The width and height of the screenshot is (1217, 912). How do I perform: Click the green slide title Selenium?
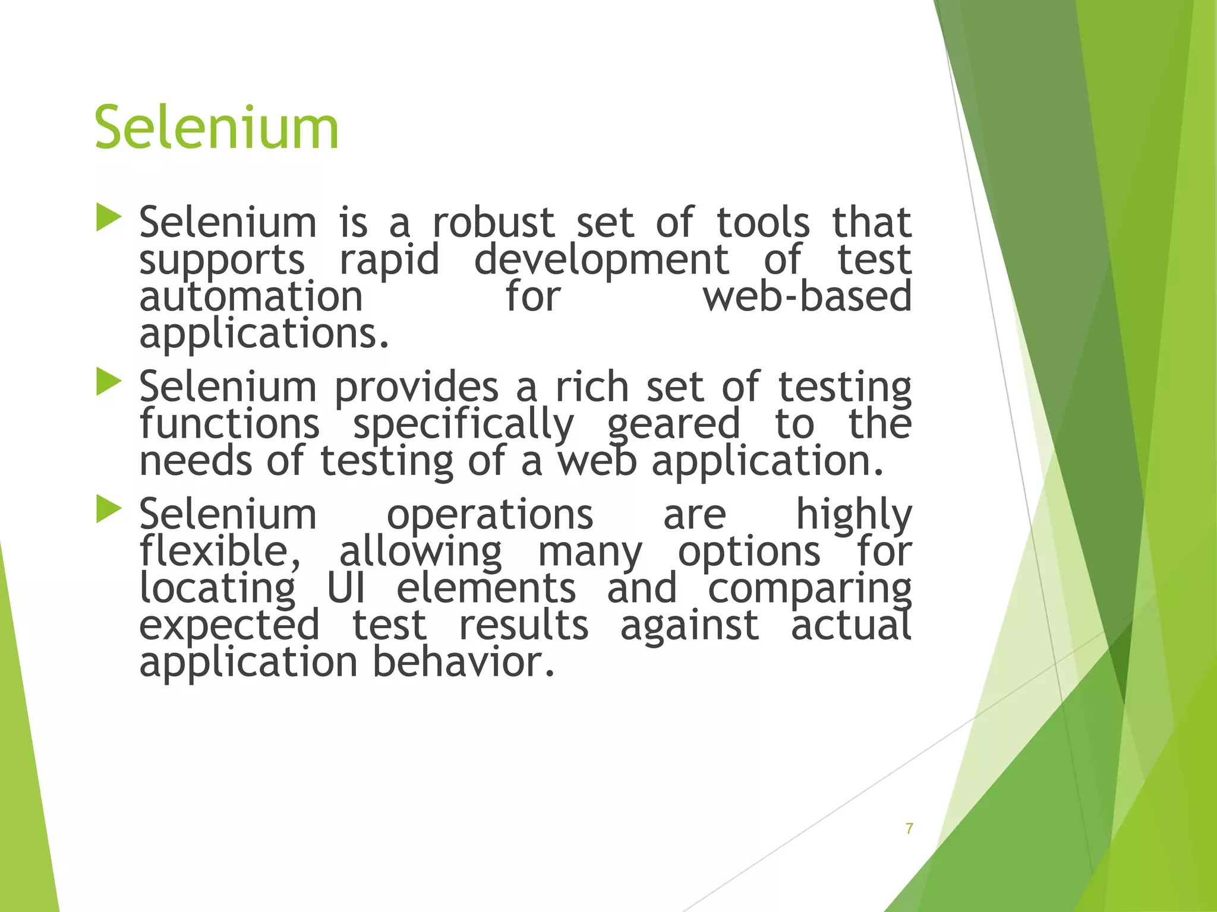coord(216,127)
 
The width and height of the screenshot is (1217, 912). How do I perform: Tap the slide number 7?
coord(909,828)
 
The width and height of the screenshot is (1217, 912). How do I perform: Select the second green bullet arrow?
coord(108,382)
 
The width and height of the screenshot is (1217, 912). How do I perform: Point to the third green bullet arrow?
coord(108,509)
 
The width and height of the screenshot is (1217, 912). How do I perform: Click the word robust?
coord(493,222)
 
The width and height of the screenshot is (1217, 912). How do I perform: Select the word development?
coord(601,259)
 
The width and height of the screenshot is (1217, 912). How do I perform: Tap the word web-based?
coord(807,296)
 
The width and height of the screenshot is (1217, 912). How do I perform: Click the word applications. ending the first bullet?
coord(264,334)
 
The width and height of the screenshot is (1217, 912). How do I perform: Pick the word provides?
coord(416,387)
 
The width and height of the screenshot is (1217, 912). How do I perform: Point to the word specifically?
coord(464,425)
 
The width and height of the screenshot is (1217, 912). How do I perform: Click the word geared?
coord(674,425)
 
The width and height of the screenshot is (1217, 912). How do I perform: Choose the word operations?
coord(490,515)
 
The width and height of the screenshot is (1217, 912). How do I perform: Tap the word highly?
coord(853,515)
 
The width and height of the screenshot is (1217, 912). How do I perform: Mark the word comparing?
coord(809,589)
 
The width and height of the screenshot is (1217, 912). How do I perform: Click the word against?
coord(689,626)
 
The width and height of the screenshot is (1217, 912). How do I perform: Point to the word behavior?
coord(464,661)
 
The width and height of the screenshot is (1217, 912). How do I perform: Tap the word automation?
coord(251,296)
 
